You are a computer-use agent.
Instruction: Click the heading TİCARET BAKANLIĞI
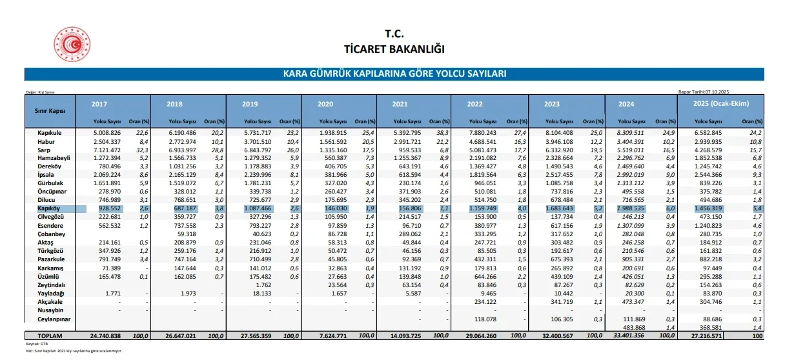click(394, 49)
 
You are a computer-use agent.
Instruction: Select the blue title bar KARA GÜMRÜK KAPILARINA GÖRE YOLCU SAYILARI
click(394, 74)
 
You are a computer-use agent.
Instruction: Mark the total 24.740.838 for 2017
click(105, 336)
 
